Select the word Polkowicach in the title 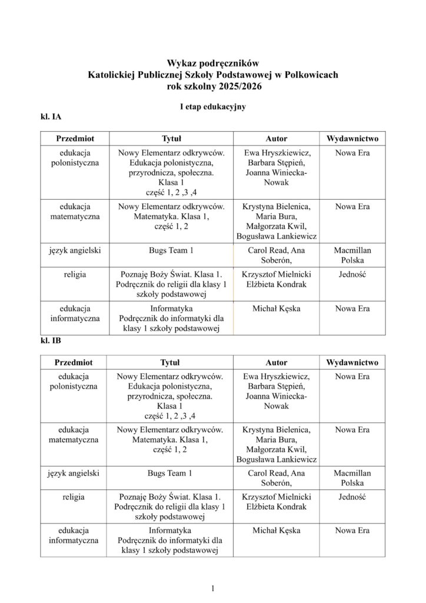309,74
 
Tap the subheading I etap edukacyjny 212,107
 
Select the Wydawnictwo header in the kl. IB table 352,363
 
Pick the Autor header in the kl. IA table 277,138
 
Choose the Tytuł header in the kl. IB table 170,363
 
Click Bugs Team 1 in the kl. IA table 170,250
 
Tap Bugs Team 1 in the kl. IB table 170,473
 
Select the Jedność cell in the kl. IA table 352,274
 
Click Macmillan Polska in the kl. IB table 352,478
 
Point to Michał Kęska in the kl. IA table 277,308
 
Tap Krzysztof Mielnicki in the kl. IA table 277,274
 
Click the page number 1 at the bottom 213,588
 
